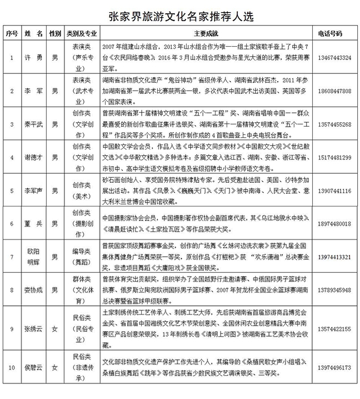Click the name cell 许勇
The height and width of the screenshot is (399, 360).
(35, 57)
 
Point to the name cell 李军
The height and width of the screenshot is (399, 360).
(35, 90)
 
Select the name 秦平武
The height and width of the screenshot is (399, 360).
(35, 124)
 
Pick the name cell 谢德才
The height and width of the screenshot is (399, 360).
(35, 158)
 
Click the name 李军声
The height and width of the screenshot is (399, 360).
(35, 191)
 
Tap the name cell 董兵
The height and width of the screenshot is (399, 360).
(35, 223)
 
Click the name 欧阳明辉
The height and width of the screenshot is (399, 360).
(35, 257)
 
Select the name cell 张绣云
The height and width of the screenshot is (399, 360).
(35, 329)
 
